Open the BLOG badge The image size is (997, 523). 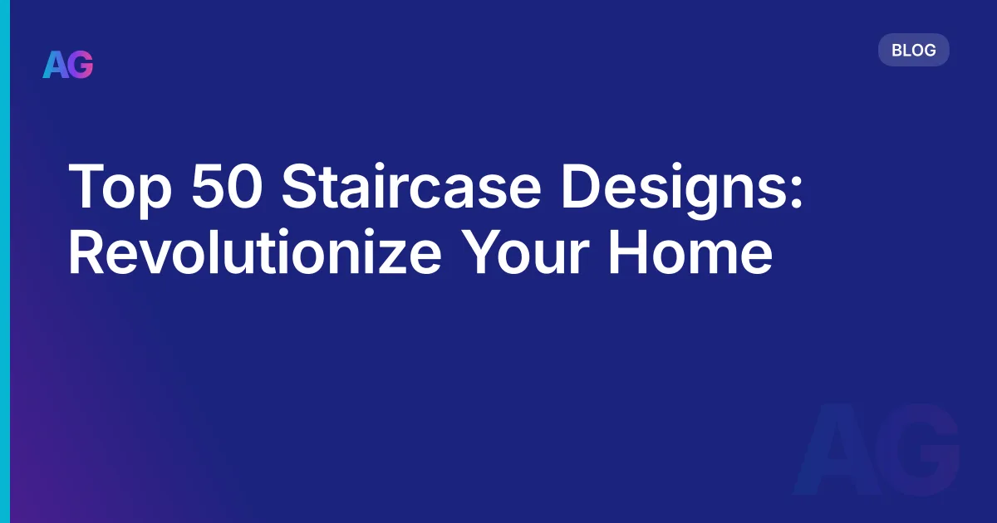[913, 51]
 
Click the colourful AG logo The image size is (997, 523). [68, 65]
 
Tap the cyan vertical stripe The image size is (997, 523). [5, 261]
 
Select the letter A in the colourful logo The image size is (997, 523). [55, 65]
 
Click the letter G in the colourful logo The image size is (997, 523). [81, 65]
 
